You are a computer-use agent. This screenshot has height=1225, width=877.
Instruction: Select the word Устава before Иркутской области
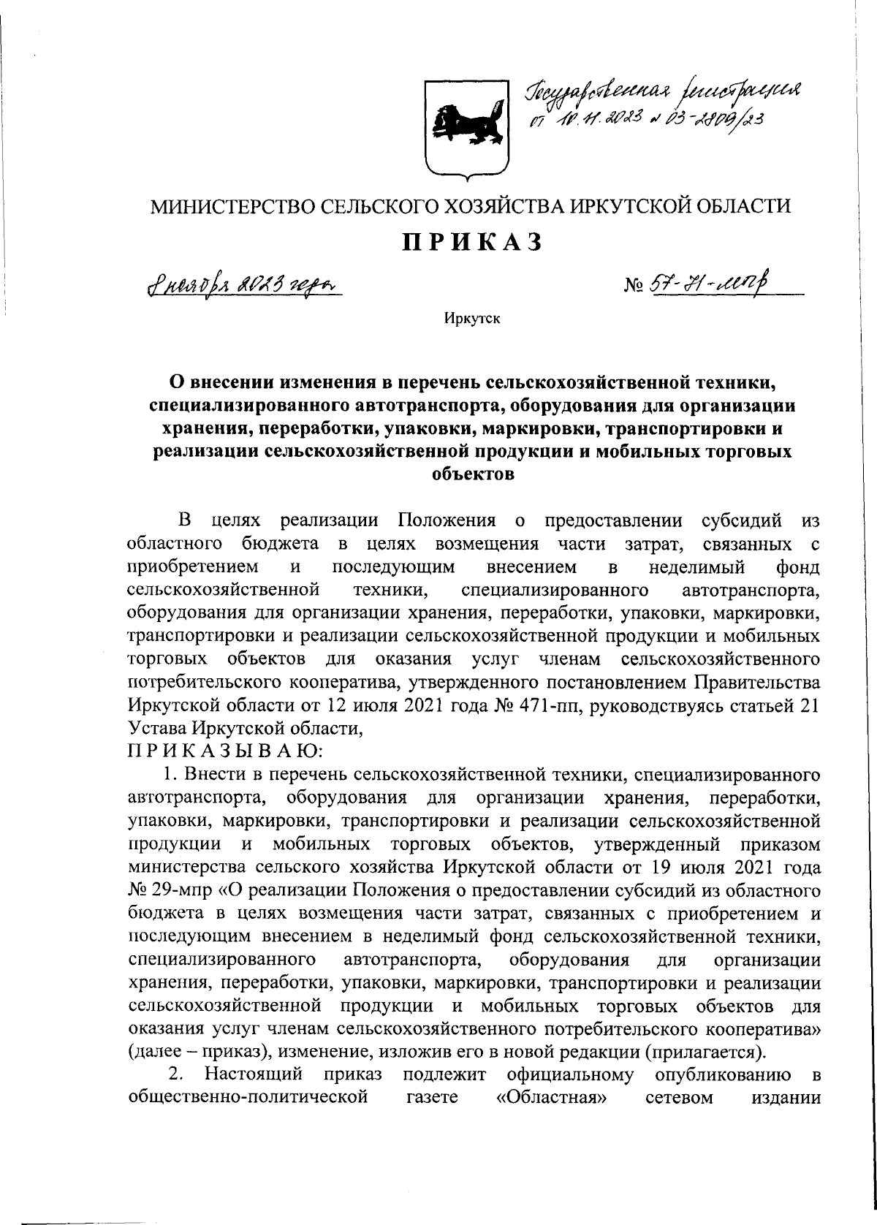157,728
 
